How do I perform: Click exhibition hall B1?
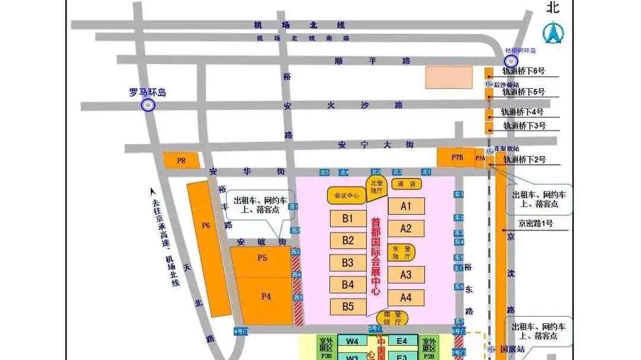point(348,218)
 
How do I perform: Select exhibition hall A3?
point(406,275)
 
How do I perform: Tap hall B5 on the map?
point(348,307)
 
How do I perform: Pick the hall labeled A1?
point(406,206)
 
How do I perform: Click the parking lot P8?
point(181,160)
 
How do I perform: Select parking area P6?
point(207,225)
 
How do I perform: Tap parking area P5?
point(262,258)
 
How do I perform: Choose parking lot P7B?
point(456,157)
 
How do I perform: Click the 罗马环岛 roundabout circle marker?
point(147,105)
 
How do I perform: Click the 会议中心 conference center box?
point(347,195)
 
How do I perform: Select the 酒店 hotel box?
point(406,184)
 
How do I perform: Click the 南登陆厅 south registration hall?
point(393,318)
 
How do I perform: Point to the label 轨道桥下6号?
point(523,71)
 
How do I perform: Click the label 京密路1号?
point(535,224)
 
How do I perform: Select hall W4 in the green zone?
point(353,341)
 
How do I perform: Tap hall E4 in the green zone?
point(402,341)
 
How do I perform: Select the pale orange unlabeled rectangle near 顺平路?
point(449,77)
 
